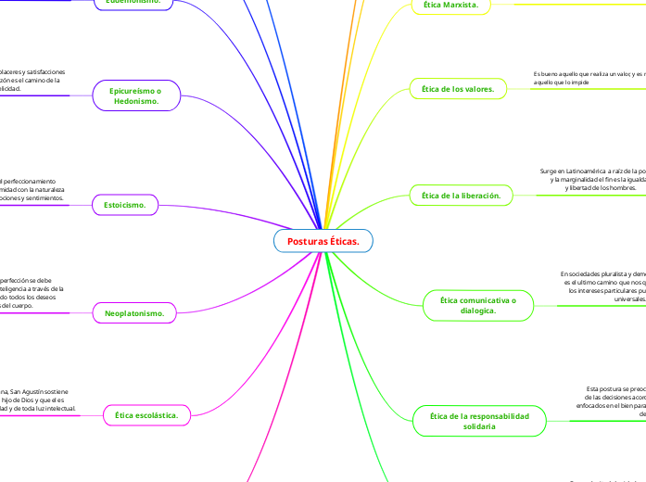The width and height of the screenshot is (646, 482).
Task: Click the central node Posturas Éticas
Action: [x=323, y=241]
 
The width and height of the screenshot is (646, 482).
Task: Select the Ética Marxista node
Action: [x=450, y=6]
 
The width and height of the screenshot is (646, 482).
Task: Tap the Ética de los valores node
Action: [x=458, y=89]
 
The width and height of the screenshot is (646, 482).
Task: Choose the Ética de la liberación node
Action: [x=461, y=196]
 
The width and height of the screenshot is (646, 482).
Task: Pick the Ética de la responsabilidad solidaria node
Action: [x=479, y=421]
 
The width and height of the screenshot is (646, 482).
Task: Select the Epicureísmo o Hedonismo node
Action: [x=136, y=95]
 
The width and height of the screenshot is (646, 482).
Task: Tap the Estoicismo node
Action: [x=125, y=204]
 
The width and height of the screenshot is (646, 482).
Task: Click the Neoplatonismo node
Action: [x=134, y=314]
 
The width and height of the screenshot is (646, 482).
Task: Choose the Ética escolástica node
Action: [x=147, y=416]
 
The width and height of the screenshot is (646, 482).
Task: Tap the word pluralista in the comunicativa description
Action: [x=606, y=274]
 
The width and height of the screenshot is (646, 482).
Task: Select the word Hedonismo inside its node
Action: [x=136, y=101]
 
